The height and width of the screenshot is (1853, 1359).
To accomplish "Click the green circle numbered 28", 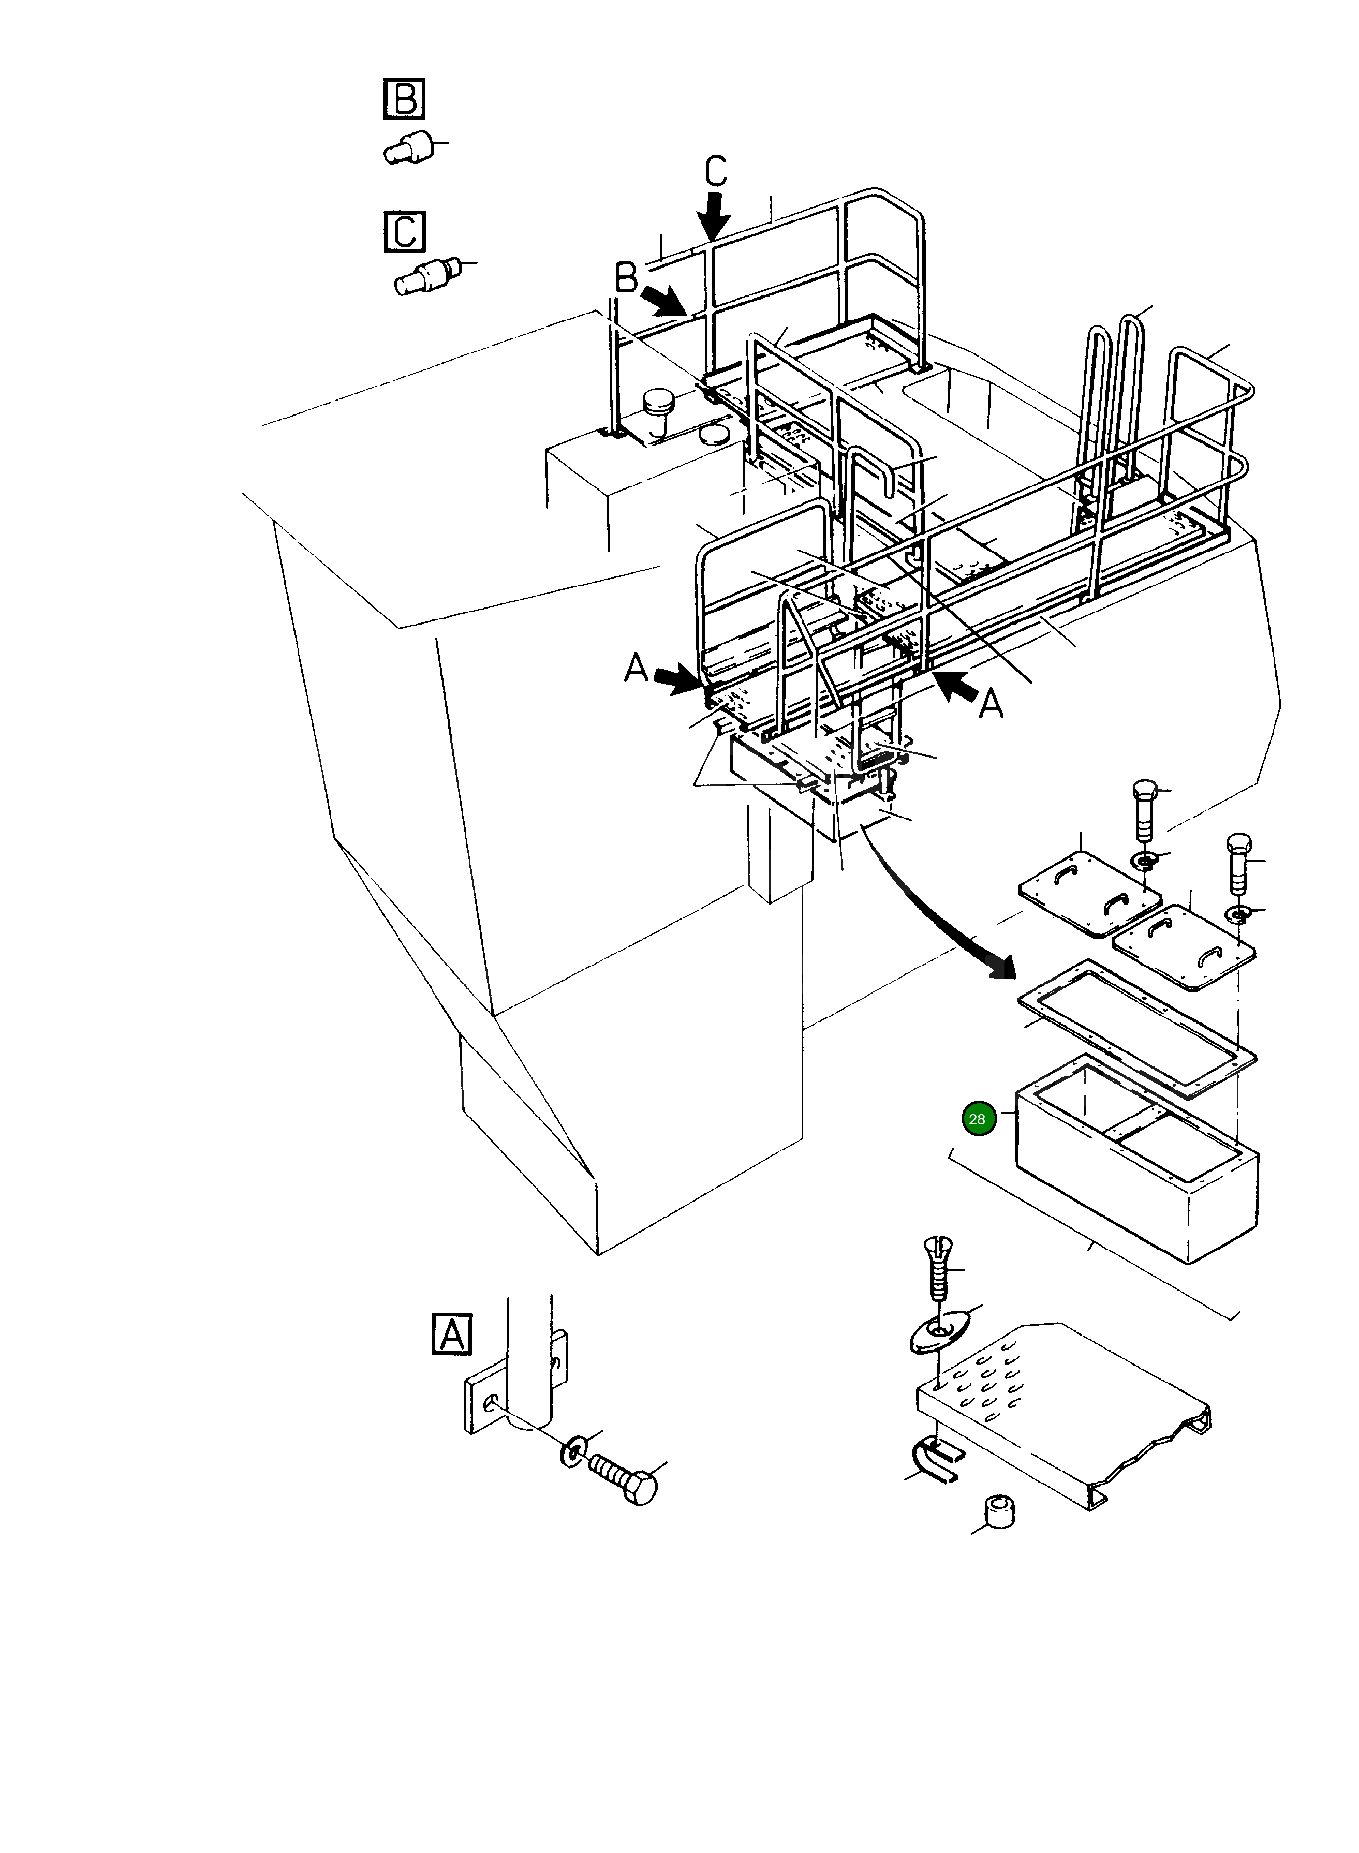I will point(977,1119).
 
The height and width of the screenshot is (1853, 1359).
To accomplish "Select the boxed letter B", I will point(405,99).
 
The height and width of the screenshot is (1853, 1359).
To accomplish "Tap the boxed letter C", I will point(405,231).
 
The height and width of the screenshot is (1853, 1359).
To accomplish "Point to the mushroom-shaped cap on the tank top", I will point(659,406).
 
